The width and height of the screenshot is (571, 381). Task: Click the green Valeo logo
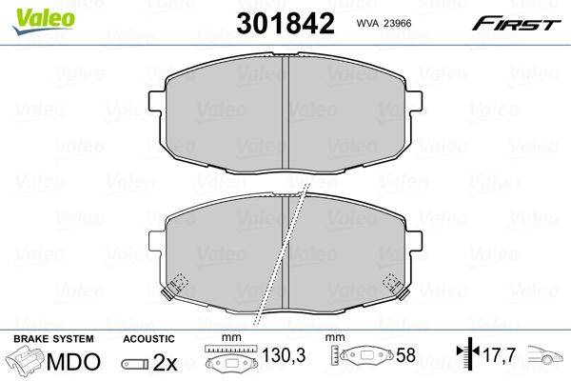[43, 20]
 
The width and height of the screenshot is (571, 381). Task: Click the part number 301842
[285, 23]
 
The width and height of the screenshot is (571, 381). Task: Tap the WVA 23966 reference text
[384, 23]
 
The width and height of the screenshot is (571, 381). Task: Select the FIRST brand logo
[516, 24]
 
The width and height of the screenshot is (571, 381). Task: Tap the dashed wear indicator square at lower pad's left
[180, 281]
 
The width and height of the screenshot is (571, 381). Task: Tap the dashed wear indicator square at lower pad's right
[391, 281]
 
